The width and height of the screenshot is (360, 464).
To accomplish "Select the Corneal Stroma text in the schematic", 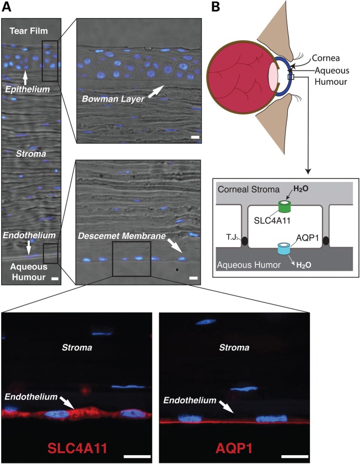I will pyautogui.click(x=244, y=189).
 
